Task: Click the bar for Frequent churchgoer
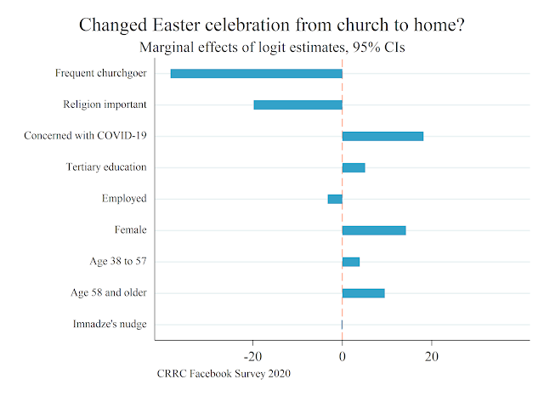click(x=256, y=73)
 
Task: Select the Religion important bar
click(x=297, y=105)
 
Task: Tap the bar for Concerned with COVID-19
click(x=382, y=136)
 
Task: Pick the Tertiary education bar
click(x=354, y=167)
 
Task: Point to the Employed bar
click(x=335, y=199)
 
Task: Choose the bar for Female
click(x=374, y=230)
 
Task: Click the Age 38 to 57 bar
click(x=351, y=262)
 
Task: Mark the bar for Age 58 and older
click(x=363, y=293)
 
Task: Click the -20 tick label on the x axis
click(x=252, y=356)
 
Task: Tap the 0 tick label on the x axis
click(x=342, y=356)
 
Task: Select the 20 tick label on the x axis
click(x=431, y=356)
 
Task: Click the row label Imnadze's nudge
click(x=110, y=325)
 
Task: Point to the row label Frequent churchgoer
click(x=101, y=73)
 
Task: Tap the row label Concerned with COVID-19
click(x=85, y=136)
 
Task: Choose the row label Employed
click(x=124, y=199)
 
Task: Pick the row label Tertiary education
click(x=106, y=167)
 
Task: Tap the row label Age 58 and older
click(x=109, y=293)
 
